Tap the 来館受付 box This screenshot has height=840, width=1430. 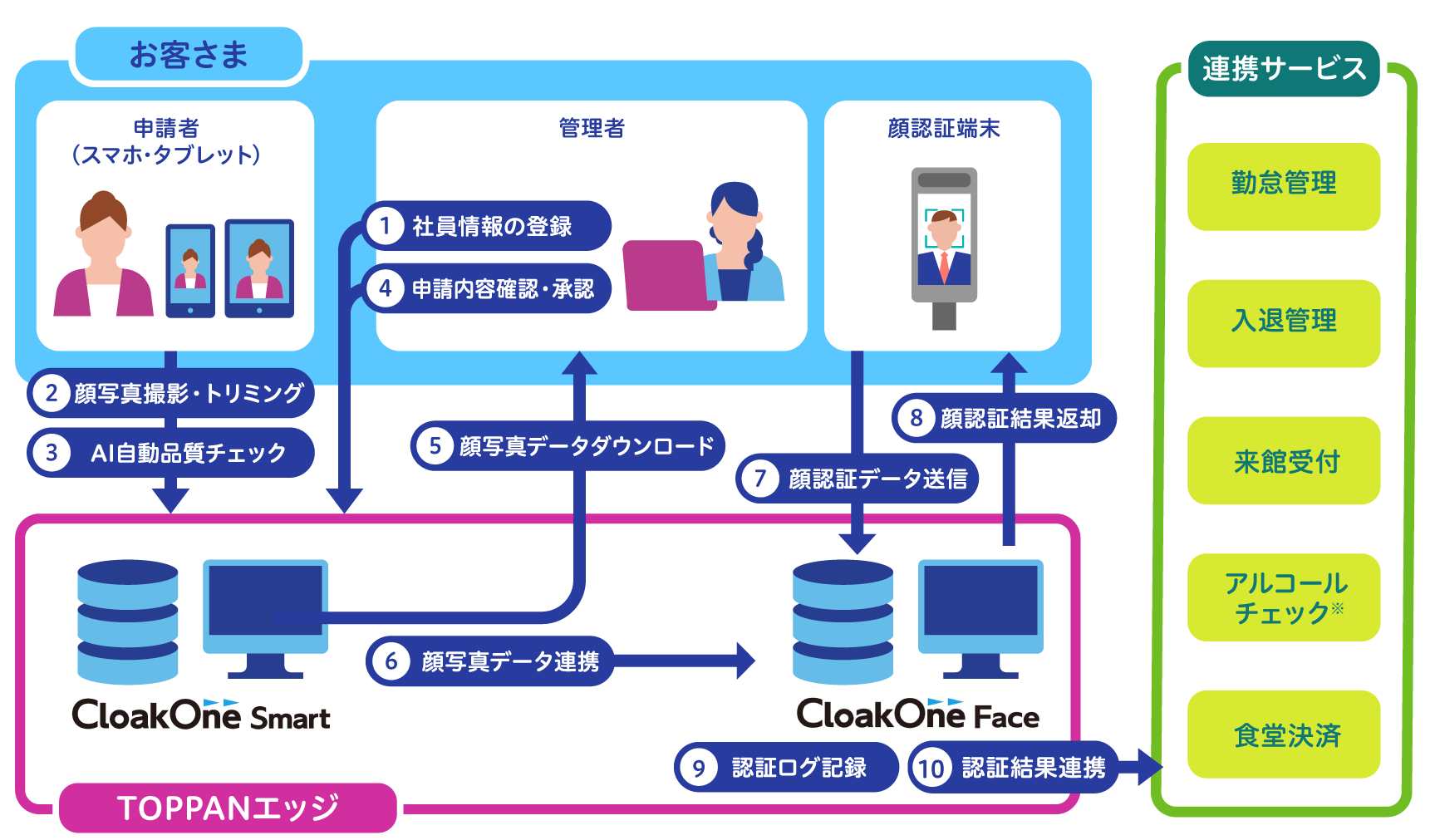click(1284, 460)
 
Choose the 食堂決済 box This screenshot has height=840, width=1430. click(1284, 734)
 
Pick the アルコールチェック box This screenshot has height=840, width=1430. click(1284, 597)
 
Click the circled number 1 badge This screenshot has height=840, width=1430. click(385, 225)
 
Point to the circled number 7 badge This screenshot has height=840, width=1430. click(759, 479)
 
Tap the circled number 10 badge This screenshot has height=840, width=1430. click(931, 768)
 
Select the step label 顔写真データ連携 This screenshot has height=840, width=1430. click(510, 661)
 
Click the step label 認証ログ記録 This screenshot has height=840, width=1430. click(799, 768)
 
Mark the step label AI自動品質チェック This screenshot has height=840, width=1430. click(189, 453)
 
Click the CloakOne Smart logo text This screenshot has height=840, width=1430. click(201, 715)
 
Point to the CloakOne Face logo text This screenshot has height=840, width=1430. click(918, 714)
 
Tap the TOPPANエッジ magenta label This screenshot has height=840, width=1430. click(228, 808)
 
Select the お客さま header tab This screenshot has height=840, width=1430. click(189, 55)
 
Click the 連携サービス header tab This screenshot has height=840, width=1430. click(1284, 68)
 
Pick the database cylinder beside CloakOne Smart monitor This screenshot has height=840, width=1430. click(128, 621)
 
